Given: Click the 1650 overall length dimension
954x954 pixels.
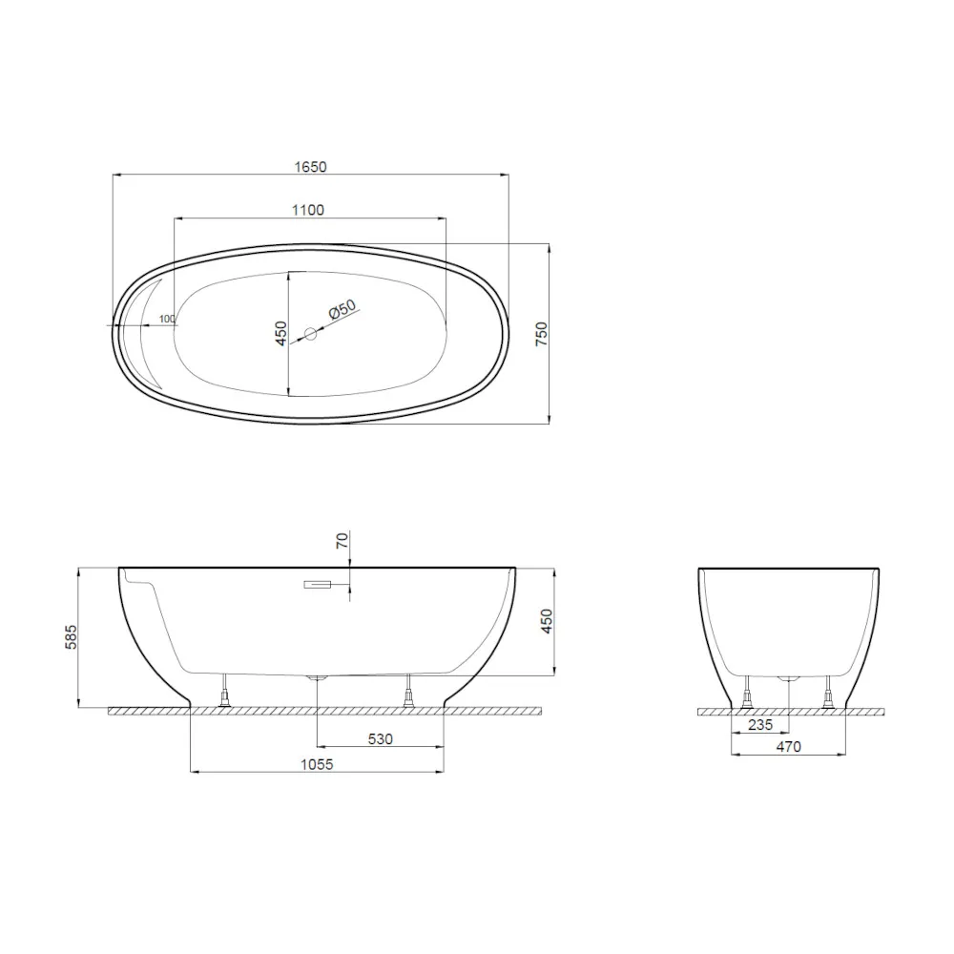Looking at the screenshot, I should click(311, 167).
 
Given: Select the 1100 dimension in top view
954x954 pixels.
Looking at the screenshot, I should click(308, 210).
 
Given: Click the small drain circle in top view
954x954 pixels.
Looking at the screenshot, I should click(311, 334).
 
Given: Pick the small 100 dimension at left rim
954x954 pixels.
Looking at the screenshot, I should click(168, 319).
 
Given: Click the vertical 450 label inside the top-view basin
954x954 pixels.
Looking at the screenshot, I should click(281, 333).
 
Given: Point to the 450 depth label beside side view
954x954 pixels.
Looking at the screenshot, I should click(547, 621).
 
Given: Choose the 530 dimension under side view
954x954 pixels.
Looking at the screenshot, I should click(381, 739).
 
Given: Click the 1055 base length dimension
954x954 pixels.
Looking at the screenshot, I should click(318, 764).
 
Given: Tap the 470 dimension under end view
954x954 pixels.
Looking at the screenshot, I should click(788, 746).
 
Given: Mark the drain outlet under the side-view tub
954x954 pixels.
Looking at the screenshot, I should click(317, 678).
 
